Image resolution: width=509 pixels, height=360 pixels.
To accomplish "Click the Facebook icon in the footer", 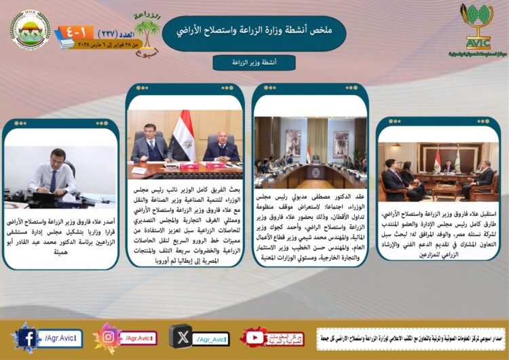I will pyautogui.click(x=28, y=338).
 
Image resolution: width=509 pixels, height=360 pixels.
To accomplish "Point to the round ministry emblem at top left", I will pyautogui.click(x=31, y=30).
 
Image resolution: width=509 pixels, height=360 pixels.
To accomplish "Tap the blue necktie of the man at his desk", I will pyautogui.click(x=53, y=180).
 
